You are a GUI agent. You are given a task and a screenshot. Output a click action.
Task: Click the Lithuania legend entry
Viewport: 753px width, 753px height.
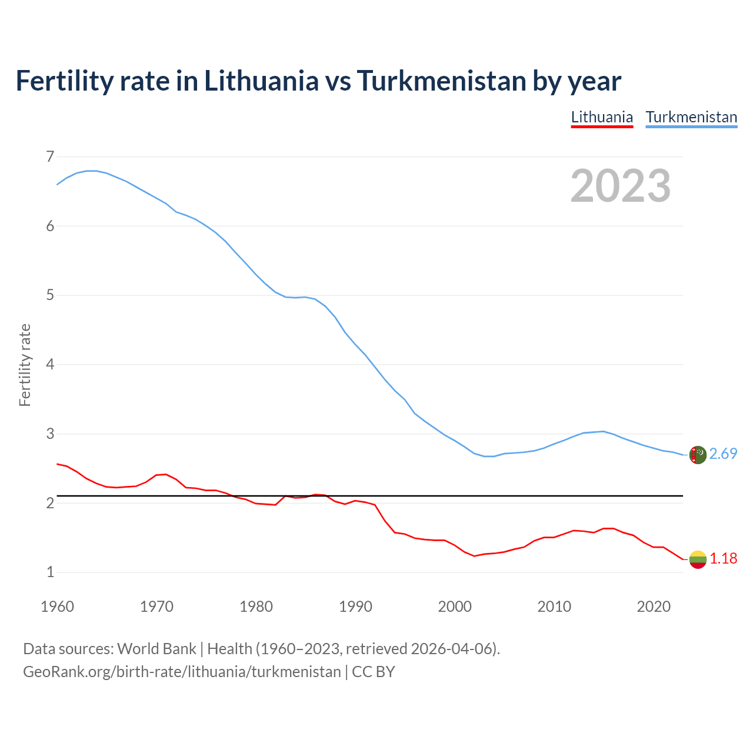coord(602,117)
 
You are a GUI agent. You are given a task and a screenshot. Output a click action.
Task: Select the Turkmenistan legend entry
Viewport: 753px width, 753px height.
coord(691,117)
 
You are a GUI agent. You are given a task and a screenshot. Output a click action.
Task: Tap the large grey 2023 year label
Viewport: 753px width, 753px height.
coord(621,186)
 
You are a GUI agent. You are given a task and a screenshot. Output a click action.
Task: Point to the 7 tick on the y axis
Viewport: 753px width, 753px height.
coord(50,156)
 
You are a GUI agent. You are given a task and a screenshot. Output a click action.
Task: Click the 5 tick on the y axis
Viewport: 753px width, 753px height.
coord(50,295)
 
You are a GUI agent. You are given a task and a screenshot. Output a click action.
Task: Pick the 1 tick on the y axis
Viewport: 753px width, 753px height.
coord(50,572)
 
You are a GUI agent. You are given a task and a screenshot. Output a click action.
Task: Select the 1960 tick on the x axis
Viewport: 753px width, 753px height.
coord(57,606)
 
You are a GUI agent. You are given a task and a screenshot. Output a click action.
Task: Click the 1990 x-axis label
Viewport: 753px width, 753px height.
coord(355,606)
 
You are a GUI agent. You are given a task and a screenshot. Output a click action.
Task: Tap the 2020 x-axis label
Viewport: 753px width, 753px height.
coord(654,606)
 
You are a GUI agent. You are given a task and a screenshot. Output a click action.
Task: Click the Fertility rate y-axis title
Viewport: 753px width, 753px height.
coord(25,365)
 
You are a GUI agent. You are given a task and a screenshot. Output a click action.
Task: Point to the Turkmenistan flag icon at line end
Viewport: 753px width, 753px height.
coord(698,455)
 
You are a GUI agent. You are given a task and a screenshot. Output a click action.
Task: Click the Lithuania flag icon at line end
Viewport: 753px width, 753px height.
coord(698,559)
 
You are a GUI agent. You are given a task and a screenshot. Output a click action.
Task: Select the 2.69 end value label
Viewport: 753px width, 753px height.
coord(723,454)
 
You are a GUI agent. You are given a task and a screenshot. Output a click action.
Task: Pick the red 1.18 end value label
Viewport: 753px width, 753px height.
coord(723,558)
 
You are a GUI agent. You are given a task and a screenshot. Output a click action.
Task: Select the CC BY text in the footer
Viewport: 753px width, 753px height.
coord(374,671)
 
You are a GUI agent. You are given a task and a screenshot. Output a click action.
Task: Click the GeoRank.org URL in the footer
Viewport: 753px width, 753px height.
coord(182,671)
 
